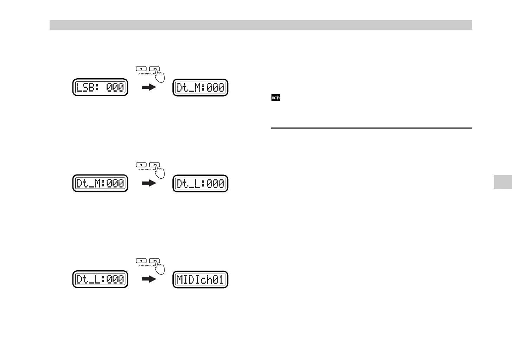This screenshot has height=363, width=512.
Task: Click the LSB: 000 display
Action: click(100, 87)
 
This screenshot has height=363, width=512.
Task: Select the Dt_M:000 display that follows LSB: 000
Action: click(200, 87)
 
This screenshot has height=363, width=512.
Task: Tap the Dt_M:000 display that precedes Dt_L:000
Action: click(100, 183)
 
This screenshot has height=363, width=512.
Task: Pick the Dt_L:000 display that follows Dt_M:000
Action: click(200, 183)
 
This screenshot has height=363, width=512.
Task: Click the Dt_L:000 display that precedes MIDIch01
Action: click(100, 279)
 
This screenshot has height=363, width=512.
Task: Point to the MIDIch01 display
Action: click(200, 279)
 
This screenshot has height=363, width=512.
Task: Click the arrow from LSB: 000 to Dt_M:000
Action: click(149, 87)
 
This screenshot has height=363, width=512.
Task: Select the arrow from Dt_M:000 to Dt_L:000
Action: click(149, 183)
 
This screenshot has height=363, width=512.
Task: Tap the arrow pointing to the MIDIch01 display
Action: click(149, 279)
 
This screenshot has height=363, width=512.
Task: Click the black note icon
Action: click(275, 98)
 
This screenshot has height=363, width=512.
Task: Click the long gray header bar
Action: click(261, 25)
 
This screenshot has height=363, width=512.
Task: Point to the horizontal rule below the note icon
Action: click(371, 128)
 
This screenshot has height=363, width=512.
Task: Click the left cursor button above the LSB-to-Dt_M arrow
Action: click(141, 69)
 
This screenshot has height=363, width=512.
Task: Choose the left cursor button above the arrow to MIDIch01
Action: click(141, 261)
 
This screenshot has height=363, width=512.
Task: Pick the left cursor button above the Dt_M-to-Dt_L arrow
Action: click(141, 165)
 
